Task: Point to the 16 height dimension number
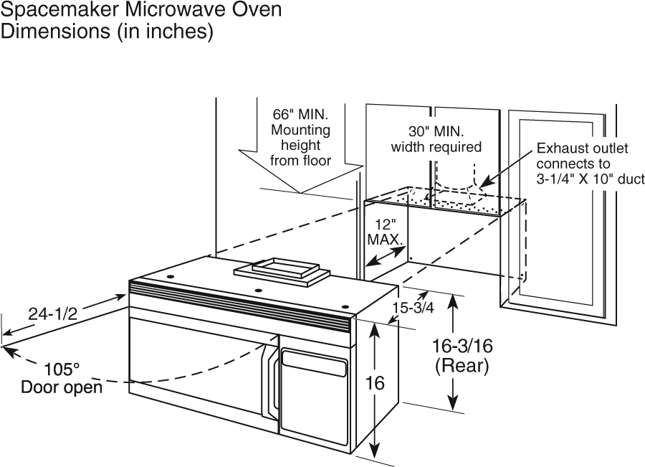tap(374, 383)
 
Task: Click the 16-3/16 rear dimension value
tap(462, 346)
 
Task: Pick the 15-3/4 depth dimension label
tap(414, 307)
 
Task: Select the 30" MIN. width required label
tap(436, 139)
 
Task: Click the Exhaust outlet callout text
tap(582, 148)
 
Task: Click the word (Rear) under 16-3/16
tap(462, 366)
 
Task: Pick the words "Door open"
tap(61, 387)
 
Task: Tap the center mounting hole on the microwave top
tap(257, 291)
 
